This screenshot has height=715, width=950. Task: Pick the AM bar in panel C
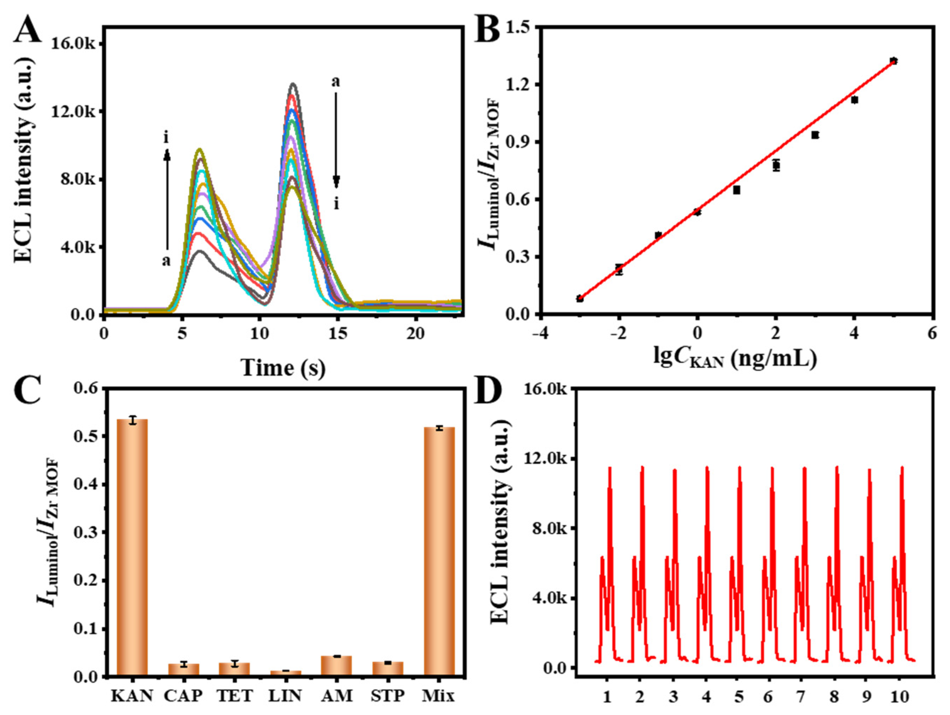point(336,672)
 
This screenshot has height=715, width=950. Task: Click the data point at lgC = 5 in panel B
point(894,61)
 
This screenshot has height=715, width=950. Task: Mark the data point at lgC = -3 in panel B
point(580,298)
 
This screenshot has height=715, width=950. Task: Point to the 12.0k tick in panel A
point(74,112)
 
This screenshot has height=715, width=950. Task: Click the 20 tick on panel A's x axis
point(415,334)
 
